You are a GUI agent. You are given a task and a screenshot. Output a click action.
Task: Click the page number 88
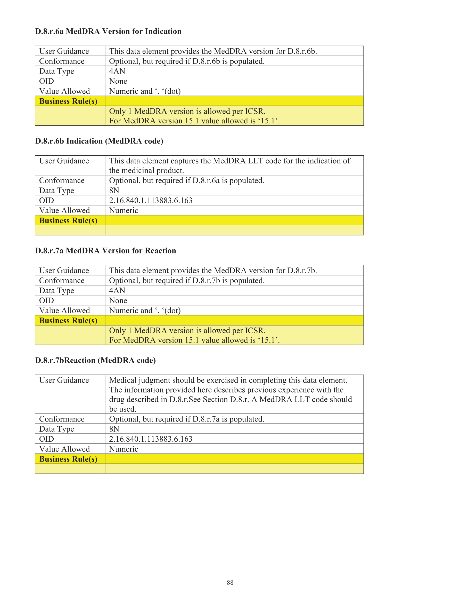pyautogui.click(x=230, y=583)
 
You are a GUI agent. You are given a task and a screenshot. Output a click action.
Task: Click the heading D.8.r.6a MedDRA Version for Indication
pyautogui.click(x=108, y=31)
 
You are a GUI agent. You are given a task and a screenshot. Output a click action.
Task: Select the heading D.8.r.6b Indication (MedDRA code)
pyautogui.click(x=99, y=141)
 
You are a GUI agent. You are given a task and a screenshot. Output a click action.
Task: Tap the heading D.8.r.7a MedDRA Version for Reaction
pyautogui.click(x=105, y=251)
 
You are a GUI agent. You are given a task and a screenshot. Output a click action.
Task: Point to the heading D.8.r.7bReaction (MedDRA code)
pyautogui.click(x=95, y=361)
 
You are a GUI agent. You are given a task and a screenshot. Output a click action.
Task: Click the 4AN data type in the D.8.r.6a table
pyautogui.click(x=117, y=71)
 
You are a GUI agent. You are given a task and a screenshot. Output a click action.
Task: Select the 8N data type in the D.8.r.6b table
pyautogui.click(x=114, y=190)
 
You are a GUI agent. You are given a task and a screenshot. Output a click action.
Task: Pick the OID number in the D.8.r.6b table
pyautogui.click(x=151, y=201)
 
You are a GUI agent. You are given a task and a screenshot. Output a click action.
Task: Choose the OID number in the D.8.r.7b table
pyautogui.click(x=151, y=439)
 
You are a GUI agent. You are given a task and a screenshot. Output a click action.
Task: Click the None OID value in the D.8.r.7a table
pyautogui.click(x=118, y=301)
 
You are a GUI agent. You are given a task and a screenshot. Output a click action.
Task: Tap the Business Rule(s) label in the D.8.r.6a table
pyautogui.click(x=68, y=101)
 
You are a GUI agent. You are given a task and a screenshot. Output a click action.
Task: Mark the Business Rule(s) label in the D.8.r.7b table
pyautogui.click(x=68, y=459)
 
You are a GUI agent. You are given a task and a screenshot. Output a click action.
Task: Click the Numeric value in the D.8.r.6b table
pyautogui.click(x=124, y=211)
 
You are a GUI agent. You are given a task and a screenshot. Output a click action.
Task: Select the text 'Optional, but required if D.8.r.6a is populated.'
pyautogui.click(x=186, y=181)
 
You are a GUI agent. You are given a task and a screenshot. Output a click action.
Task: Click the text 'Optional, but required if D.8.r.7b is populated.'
pyautogui.click(x=187, y=281)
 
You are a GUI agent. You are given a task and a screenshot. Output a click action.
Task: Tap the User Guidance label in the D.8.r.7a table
pyautogui.click(x=64, y=271)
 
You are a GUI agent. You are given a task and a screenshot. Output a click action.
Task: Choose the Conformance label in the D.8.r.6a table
pyautogui.click(x=62, y=61)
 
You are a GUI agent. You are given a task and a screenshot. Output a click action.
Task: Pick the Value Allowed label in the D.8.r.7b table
pyautogui.click(x=64, y=449)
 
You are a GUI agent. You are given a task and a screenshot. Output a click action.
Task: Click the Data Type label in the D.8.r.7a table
pyautogui.click(x=57, y=291)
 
